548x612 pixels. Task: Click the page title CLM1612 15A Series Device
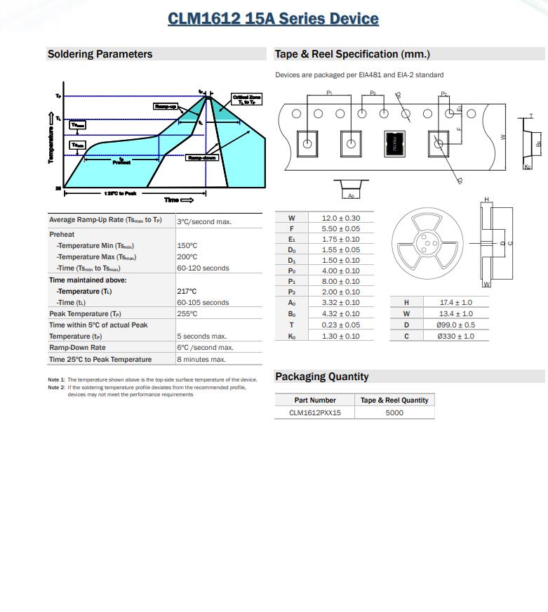click(x=273, y=19)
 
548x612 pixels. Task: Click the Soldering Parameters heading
click(x=100, y=54)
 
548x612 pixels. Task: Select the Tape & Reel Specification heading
click(x=352, y=54)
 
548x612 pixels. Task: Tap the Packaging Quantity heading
click(x=321, y=377)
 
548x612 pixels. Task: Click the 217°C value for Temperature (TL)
click(x=187, y=291)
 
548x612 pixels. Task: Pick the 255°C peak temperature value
click(x=187, y=313)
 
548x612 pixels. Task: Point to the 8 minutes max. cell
click(x=201, y=359)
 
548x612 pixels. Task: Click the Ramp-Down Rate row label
click(x=77, y=347)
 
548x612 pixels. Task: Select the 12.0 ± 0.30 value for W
click(x=340, y=218)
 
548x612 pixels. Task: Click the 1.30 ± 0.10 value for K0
click(x=340, y=336)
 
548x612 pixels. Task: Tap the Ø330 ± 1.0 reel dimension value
click(x=455, y=336)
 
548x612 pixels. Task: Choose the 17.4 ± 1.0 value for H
click(x=455, y=302)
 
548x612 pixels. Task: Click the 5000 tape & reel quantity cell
click(x=394, y=412)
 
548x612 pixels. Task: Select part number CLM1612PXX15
click(x=315, y=412)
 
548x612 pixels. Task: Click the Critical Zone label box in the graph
click(x=247, y=100)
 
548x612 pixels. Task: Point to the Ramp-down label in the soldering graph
click(x=201, y=158)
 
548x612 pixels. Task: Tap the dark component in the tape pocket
click(x=394, y=144)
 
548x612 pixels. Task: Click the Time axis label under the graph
click(x=178, y=200)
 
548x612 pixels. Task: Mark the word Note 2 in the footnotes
click(x=56, y=387)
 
